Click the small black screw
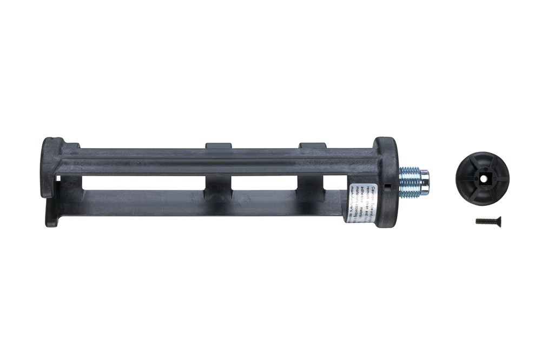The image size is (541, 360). pyautogui.click(x=488, y=221)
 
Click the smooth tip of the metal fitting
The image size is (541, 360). pyautogui.click(x=425, y=182)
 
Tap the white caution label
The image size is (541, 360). pyautogui.click(x=355, y=195)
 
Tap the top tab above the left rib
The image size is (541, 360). pyautogui.click(x=219, y=146)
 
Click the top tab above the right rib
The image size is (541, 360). pyautogui.click(x=312, y=146)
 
